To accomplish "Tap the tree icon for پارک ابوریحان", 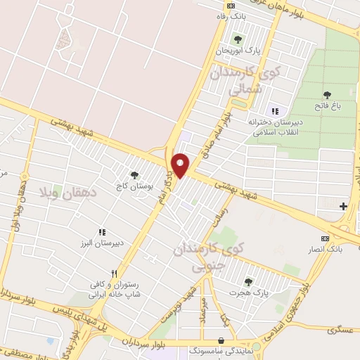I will [237, 39].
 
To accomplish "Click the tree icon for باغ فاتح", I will [327, 95].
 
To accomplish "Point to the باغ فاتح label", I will [327, 106].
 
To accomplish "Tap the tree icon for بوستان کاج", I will [134, 175].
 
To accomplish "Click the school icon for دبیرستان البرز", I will [103, 231].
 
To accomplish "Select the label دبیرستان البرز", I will [100, 243].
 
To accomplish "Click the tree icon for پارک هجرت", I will [247, 282].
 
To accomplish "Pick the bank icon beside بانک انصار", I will [324, 238].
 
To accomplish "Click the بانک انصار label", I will [324, 249].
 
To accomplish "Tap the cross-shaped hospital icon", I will [343, 206].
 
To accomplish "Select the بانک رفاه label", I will [233, 15].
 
